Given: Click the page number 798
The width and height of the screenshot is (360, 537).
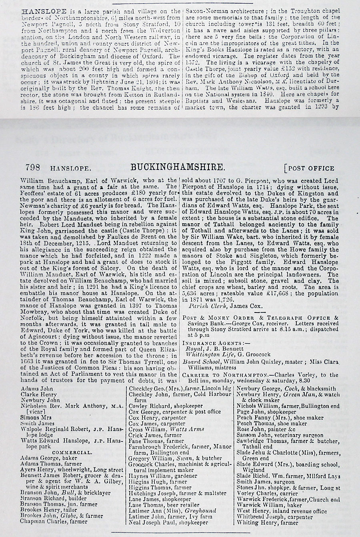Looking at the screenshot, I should pyautogui.click(x=32, y=168).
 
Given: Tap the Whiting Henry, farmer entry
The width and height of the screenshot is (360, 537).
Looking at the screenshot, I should pyautogui.click(x=267, y=523).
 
